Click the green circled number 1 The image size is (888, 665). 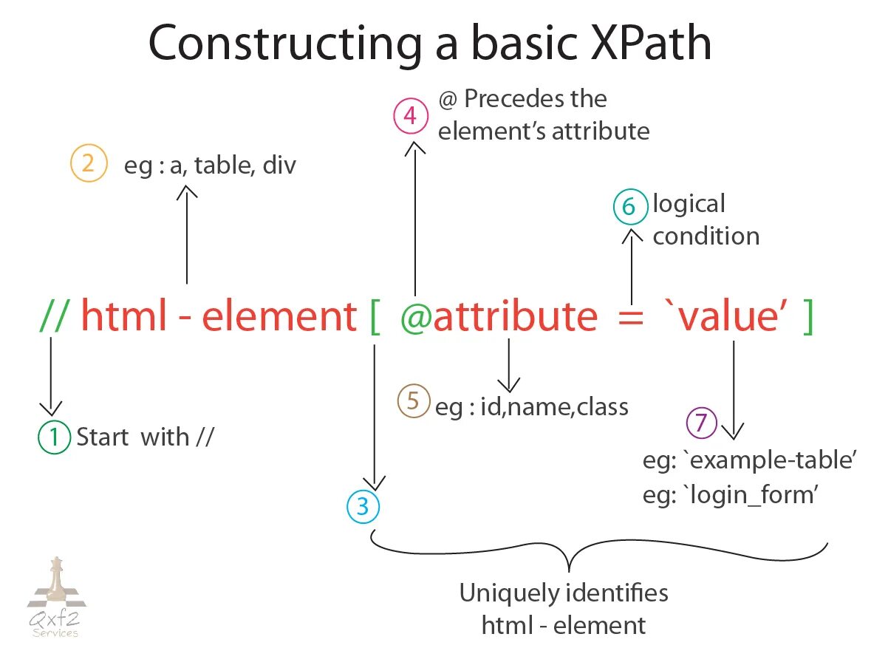tap(52, 437)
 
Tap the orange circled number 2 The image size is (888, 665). tap(87, 163)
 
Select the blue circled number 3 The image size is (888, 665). tap(363, 506)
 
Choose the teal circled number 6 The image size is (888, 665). tap(629, 208)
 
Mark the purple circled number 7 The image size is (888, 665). tap(702, 423)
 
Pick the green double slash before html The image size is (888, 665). tap(55, 317)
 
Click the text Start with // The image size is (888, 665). tap(145, 437)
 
